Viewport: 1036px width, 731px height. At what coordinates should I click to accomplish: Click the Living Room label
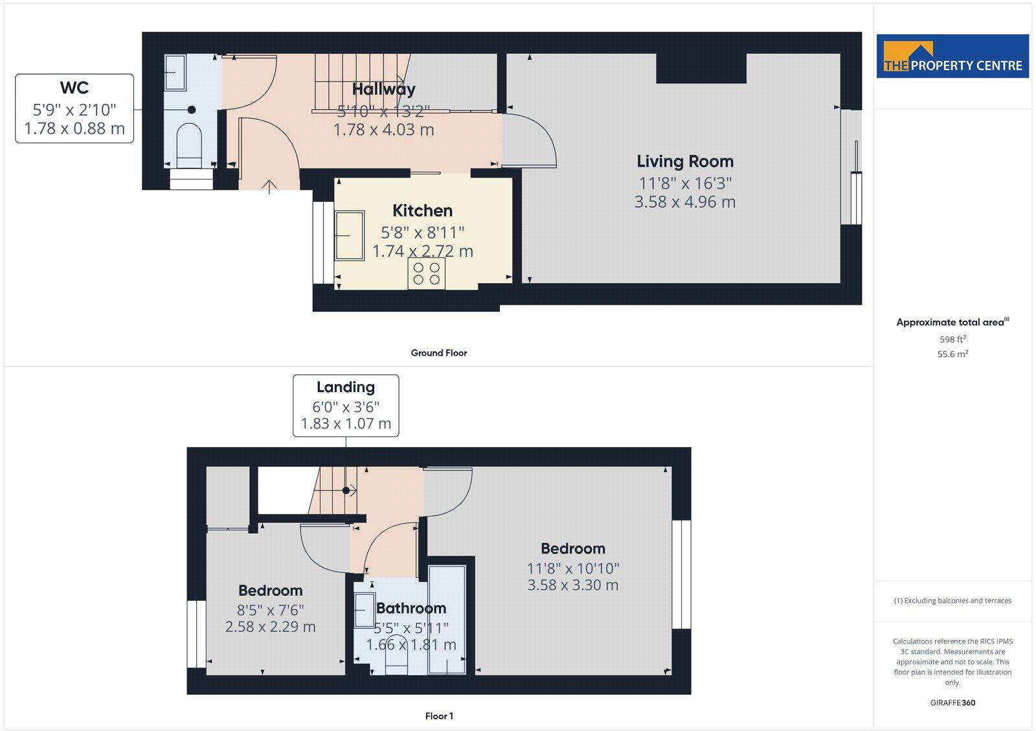(x=685, y=161)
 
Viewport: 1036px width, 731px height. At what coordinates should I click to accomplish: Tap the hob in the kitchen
(x=427, y=273)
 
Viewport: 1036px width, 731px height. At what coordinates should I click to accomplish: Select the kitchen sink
(x=349, y=235)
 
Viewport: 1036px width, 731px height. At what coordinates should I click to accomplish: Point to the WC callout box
(x=74, y=108)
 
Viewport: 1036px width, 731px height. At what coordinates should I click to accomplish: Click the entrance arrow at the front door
(x=269, y=187)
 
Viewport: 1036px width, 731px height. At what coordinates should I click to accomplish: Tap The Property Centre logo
(x=952, y=56)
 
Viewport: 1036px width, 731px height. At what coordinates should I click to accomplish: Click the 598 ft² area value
(x=952, y=339)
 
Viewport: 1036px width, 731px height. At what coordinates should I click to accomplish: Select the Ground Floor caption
(x=438, y=353)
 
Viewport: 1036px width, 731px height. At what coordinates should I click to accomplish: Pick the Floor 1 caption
(x=439, y=716)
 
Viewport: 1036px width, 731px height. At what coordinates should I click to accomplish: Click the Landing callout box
(x=346, y=406)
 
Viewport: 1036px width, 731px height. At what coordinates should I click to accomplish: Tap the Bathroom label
(x=411, y=608)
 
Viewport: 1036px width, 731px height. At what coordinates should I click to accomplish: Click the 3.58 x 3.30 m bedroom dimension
(x=572, y=585)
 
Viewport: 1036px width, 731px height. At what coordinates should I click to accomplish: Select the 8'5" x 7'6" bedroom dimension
(x=271, y=610)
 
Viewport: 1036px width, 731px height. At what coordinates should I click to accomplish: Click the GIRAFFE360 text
(x=952, y=702)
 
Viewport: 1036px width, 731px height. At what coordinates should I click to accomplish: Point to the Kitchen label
(x=422, y=211)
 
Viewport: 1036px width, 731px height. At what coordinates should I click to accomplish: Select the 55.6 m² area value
(x=952, y=354)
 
